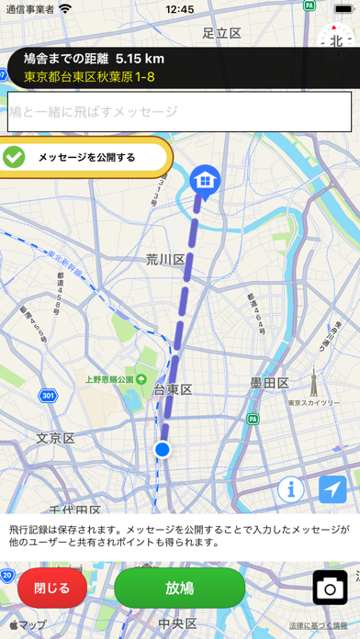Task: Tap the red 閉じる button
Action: point(51,588)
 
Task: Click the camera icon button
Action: point(330,588)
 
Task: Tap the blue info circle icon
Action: point(290,489)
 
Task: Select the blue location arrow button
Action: point(333,489)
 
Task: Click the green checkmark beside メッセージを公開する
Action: point(15,157)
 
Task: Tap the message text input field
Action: point(180,112)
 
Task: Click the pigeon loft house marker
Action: point(203,179)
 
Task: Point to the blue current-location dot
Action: point(163,449)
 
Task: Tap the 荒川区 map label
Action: point(165,260)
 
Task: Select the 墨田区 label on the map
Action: point(270,382)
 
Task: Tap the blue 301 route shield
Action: point(49,396)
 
